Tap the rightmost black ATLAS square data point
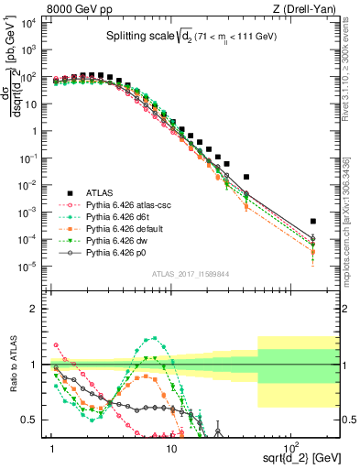[313, 221]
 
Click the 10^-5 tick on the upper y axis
[33, 267]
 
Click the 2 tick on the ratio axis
[38, 309]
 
